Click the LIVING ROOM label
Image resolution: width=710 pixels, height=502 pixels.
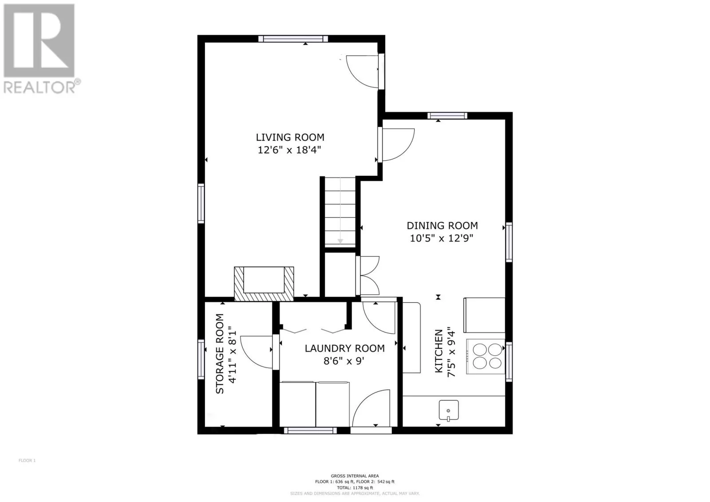[290, 137]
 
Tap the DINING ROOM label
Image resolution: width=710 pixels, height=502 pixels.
[442, 225]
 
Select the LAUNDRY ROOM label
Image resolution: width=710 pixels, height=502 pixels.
[344, 348]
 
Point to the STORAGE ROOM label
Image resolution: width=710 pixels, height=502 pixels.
[220, 354]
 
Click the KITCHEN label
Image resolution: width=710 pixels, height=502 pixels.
[439, 351]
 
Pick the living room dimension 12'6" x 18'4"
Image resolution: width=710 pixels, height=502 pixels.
[289, 150]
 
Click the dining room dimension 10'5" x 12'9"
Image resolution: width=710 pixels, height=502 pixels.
[442, 238]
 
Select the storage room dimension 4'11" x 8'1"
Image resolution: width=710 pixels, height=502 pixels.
[233, 355]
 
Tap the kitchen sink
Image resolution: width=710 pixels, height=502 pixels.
[449, 411]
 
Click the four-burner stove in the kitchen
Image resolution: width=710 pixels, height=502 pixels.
[485, 356]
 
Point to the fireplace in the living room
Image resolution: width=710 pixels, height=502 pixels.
[264, 284]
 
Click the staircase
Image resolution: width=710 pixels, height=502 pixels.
[340, 212]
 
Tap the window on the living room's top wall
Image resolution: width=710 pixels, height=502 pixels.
[293, 39]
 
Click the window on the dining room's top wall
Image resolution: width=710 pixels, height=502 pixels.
[447, 116]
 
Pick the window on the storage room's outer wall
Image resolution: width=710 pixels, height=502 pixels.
[201, 359]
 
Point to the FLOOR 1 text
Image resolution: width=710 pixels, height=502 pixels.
[27, 460]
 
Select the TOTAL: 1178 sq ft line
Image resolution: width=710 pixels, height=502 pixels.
[355, 488]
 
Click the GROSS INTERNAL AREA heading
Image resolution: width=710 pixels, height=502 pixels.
[355, 476]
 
